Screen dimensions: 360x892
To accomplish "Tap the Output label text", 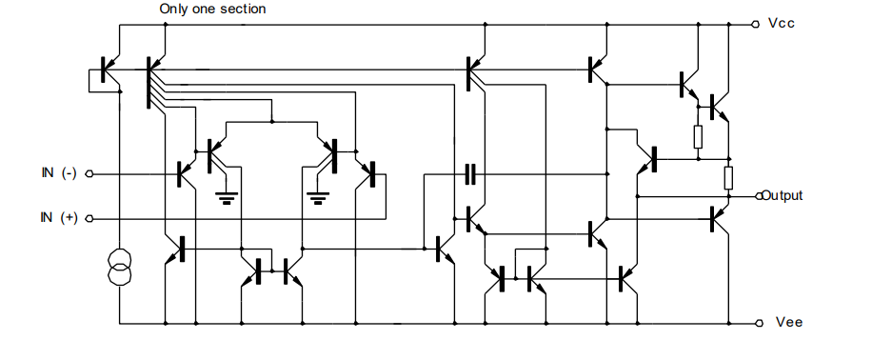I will click(x=783, y=195).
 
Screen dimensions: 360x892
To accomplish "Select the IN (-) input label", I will click(x=58, y=173).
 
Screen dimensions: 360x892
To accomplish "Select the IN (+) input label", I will click(x=58, y=218).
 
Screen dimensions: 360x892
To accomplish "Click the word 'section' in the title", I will click(x=242, y=9).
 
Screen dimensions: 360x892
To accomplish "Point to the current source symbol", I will click(x=120, y=269).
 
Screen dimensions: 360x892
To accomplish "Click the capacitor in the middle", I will click(x=470, y=174).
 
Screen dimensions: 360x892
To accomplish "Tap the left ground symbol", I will click(x=225, y=199).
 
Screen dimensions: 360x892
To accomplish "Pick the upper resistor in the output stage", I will click(x=697, y=138).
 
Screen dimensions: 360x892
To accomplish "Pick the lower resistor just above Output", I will click(x=728, y=178).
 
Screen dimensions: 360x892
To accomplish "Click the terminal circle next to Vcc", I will click(x=755, y=24).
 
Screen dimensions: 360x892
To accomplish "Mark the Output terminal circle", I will click(x=759, y=195).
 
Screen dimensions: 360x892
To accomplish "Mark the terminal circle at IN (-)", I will click(x=89, y=173).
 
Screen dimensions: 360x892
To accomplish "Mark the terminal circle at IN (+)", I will click(x=89, y=218).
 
